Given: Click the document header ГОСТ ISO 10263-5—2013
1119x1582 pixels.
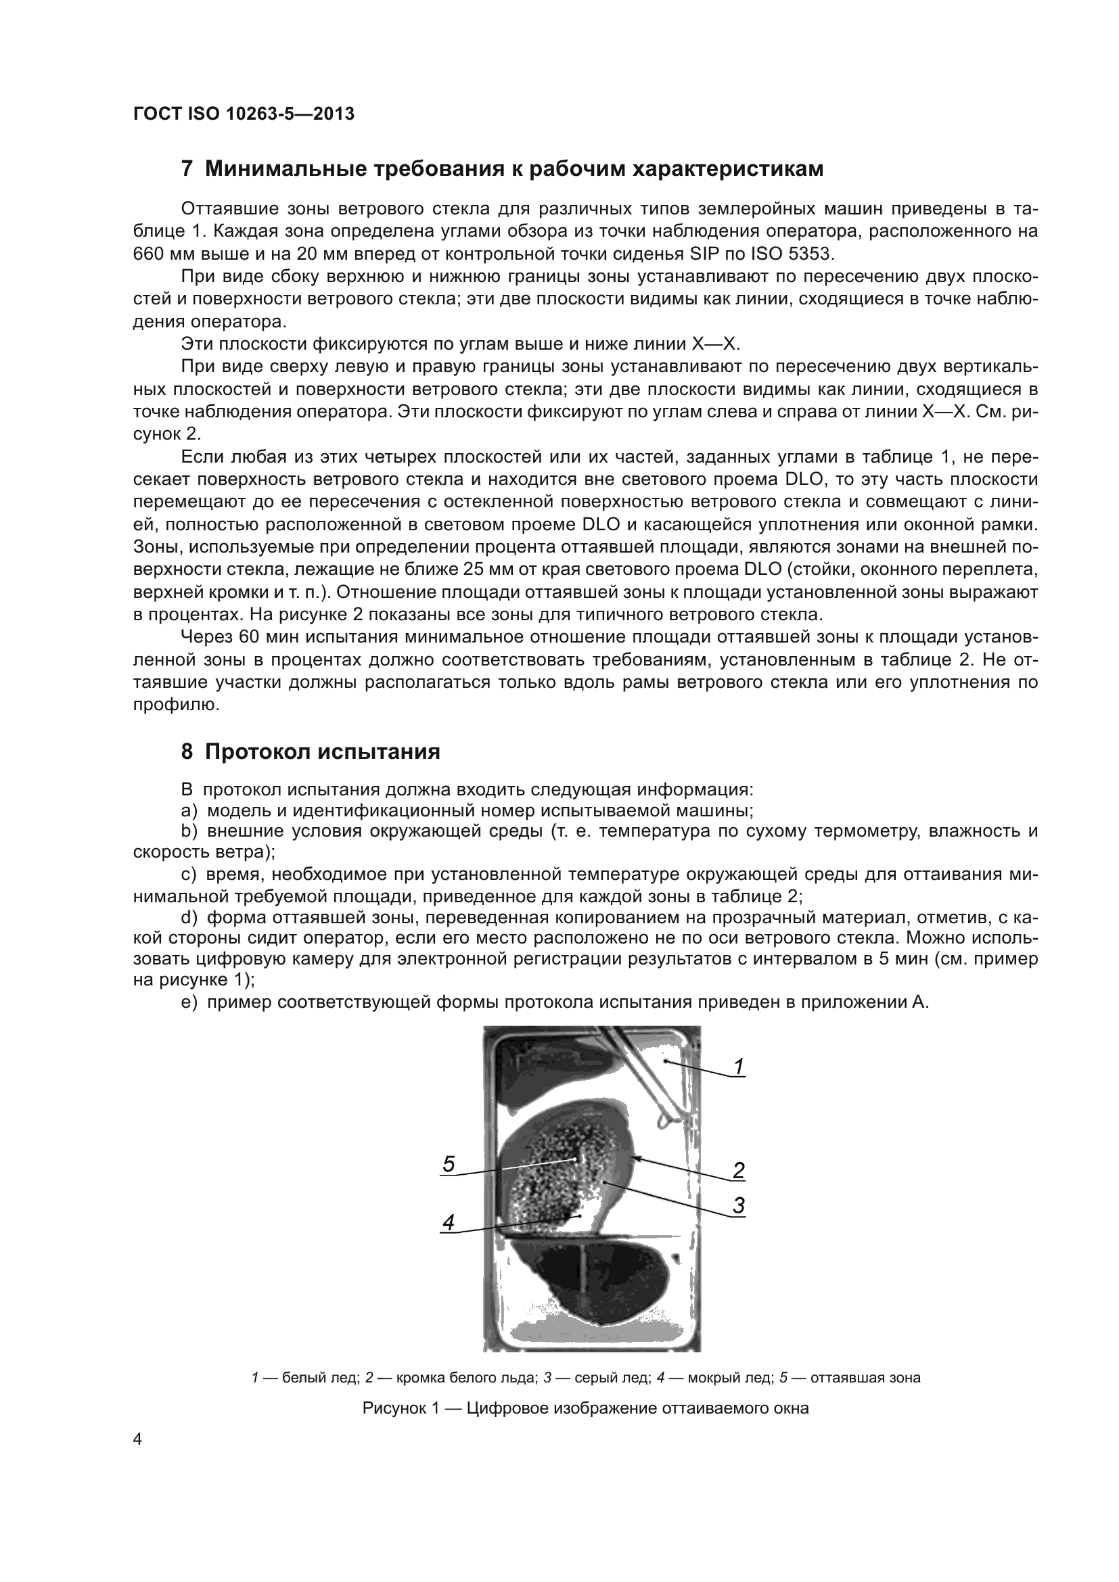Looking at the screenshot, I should click(244, 114).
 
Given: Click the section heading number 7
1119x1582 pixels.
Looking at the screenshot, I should click(187, 169).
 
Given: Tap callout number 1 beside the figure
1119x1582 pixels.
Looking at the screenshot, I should click(738, 1067).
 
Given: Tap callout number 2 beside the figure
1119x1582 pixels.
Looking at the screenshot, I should click(738, 1170).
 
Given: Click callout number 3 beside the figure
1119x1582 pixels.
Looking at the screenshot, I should click(738, 1205).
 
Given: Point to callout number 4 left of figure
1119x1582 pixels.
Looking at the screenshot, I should click(449, 1222).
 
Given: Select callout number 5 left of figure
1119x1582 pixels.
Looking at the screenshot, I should click(449, 1164).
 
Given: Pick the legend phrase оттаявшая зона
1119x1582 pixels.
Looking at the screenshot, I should click(865, 1378).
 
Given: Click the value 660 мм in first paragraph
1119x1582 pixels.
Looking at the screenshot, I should click(157, 254).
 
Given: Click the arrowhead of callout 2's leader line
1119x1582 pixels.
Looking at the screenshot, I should click(635, 1157).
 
